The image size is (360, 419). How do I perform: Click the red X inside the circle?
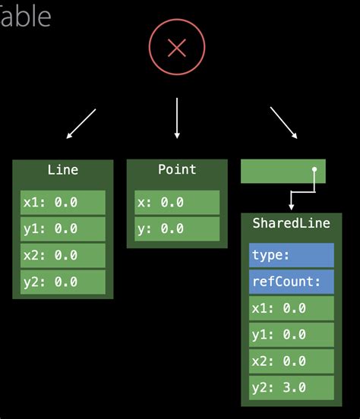tap(177, 49)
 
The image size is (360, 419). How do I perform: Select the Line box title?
tap(62, 170)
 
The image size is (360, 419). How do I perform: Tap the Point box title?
tap(177, 170)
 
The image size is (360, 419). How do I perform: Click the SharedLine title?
tap(292, 223)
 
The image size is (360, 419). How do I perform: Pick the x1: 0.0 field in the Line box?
tap(62, 203)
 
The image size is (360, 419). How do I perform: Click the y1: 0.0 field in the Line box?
tap(62, 228)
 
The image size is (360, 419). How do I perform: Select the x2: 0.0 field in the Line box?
tap(62, 255)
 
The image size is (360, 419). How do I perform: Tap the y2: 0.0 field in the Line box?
tap(62, 282)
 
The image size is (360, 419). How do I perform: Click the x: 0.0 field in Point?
tap(177, 203)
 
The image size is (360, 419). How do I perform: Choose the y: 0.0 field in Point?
tap(177, 228)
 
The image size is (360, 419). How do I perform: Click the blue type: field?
tap(292, 256)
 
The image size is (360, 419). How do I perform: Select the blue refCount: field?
tap(292, 282)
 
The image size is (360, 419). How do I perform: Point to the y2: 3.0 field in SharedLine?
tap(292, 387)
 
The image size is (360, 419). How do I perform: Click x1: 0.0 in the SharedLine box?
tap(292, 308)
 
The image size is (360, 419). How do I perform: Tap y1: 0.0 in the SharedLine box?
tap(292, 335)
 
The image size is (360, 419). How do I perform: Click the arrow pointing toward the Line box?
tap(81, 124)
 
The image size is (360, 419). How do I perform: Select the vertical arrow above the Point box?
tap(177, 118)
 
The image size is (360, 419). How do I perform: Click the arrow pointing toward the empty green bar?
tap(283, 122)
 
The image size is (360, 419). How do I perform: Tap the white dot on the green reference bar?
tap(314, 170)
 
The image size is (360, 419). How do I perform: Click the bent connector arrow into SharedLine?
tap(302, 191)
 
